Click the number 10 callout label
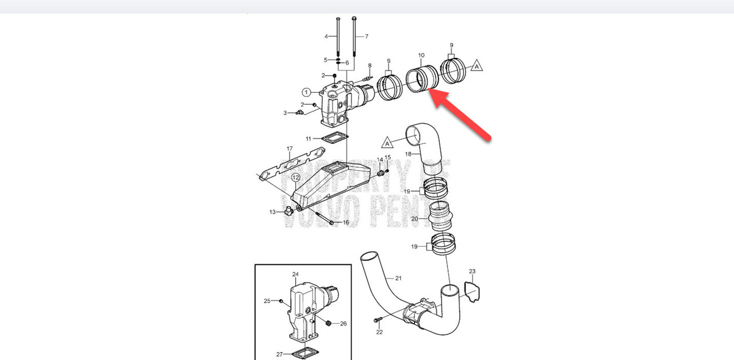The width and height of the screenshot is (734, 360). (421, 56)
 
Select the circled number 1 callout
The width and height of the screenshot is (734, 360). (307, 92)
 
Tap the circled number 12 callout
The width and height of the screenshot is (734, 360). (295, 178)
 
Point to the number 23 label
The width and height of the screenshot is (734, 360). (472, 271)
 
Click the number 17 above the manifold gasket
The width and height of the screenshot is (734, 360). (289, 149)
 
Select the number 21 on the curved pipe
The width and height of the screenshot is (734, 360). (398, 278)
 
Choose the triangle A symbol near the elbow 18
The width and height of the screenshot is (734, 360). (388, 142)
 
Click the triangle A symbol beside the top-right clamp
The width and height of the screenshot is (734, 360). (476, 66)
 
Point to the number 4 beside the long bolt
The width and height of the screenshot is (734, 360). (326, 37)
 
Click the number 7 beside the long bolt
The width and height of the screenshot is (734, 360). (365, 37)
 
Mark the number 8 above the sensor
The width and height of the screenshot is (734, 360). (370, 65)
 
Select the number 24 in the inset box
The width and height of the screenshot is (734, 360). (295, 275)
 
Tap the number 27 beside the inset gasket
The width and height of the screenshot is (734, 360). (279, 354)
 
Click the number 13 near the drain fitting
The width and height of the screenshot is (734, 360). (273, 212)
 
